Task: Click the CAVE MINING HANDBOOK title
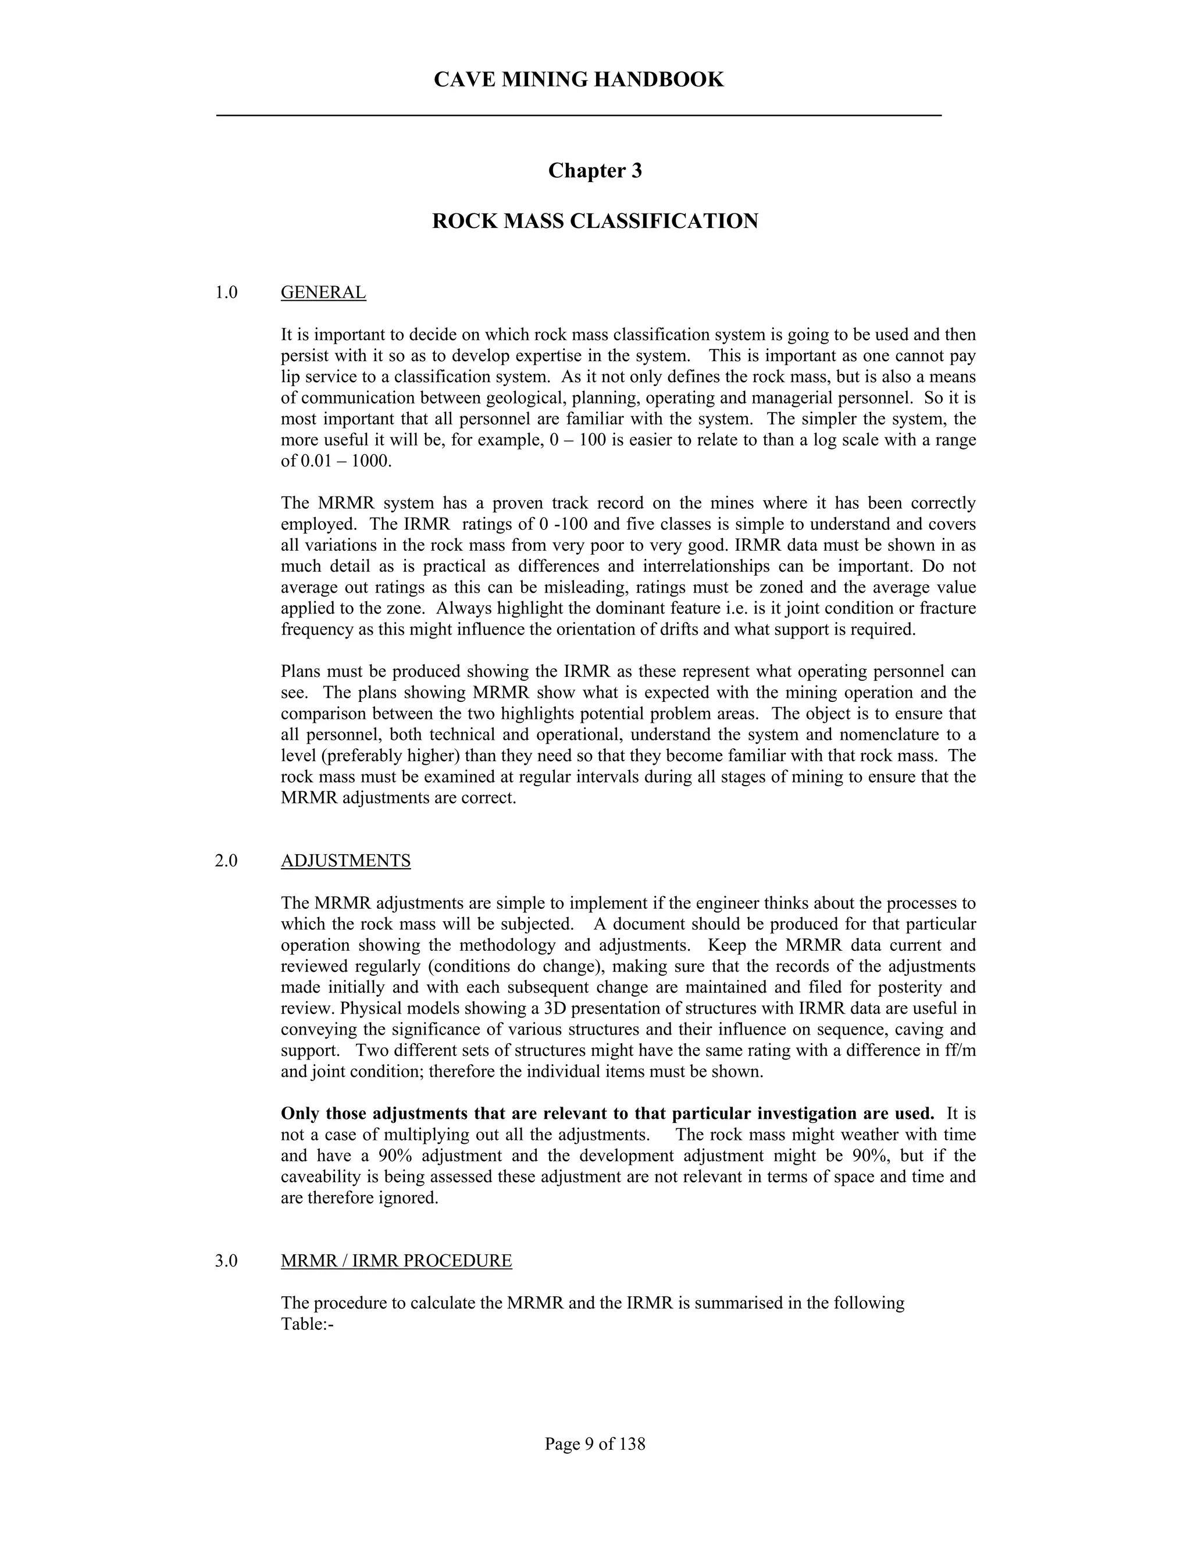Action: (579, 80)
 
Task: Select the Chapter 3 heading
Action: (595, 171)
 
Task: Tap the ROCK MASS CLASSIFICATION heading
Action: (595, 222)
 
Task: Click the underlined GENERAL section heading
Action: (323, 293)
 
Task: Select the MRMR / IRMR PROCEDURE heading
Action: (396, 1261)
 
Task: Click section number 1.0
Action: (226, 293)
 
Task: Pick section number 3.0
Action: (226, 1261)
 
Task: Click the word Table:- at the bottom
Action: (307, 1324)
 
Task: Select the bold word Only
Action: (298, 1114)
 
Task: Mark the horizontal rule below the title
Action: (579, 115)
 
